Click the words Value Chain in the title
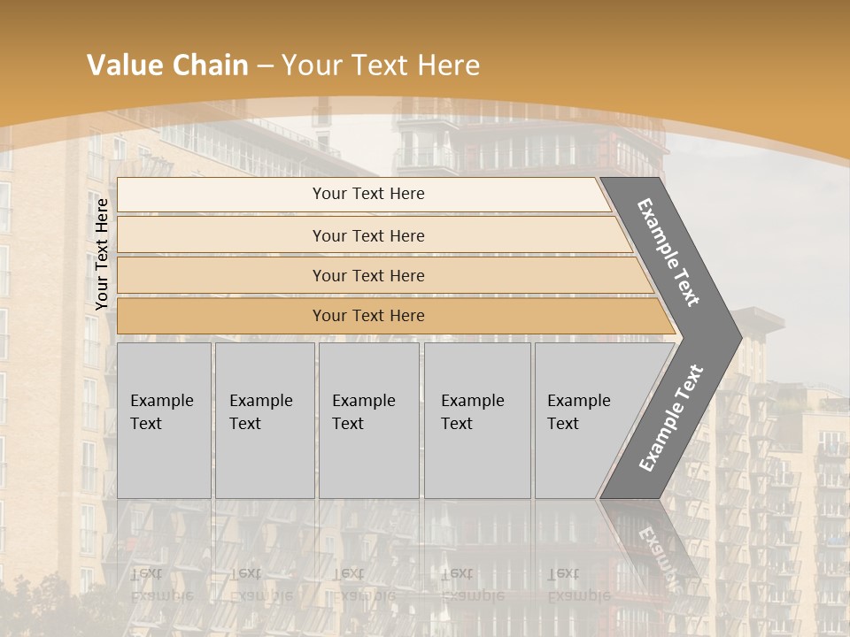click(167, 65)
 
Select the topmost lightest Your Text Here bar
click(367, 194)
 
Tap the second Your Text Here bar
click(367, 235)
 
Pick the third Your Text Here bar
click(367, 275)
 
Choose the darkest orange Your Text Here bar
click(367, 316)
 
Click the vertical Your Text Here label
click(102, 254)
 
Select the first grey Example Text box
click(164, 420)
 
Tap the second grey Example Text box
click(264, 420)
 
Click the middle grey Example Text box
click(368, 420)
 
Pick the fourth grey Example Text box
click(476, 420)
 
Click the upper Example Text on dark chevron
click(668, 252)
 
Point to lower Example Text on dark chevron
click(671, 418)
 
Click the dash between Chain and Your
click(265, 66)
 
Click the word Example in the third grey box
click(363, 401)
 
